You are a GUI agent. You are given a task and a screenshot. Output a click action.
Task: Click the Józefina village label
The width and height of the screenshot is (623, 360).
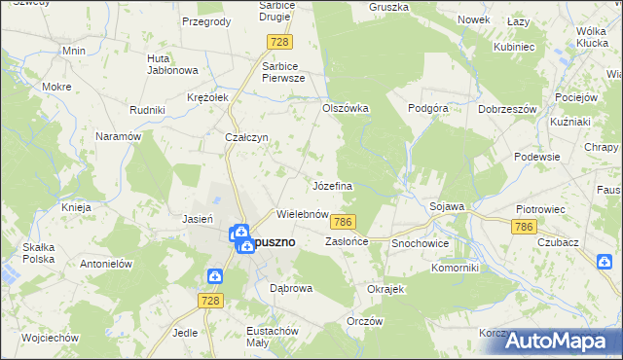332,185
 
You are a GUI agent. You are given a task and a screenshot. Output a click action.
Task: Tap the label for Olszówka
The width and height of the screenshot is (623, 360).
346,109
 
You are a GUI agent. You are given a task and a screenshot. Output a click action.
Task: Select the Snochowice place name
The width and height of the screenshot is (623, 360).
420,241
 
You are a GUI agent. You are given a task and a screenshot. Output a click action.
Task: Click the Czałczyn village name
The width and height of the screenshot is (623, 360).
246,138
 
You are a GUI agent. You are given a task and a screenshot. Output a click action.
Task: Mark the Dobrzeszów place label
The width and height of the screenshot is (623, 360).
508,109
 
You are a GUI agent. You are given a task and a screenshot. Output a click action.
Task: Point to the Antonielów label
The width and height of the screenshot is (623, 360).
105,264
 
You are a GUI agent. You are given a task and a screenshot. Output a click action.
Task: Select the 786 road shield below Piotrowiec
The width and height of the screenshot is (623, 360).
524,226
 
